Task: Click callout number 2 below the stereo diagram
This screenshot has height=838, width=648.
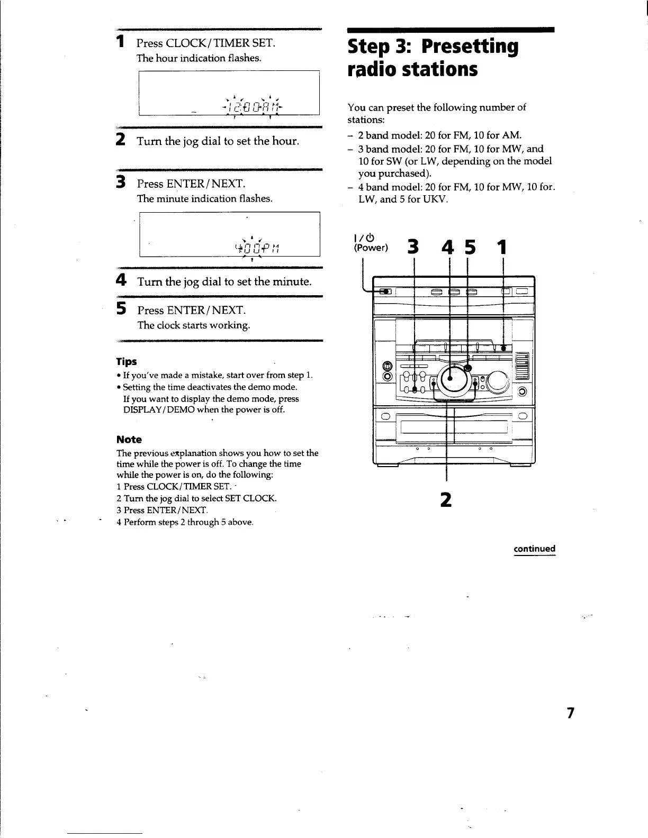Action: (x=446, y=499)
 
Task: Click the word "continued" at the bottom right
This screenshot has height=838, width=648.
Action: (x=534, y=549)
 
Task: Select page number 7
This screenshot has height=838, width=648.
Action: (x=570, y=713)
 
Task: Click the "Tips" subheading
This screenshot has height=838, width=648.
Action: (x=127, y=362)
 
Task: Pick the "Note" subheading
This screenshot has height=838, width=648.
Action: (x=129, y=440)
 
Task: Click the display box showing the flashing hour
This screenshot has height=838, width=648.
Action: (x=229, y=93)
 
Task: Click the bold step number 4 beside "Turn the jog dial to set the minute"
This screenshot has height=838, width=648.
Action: (x=121, y=280)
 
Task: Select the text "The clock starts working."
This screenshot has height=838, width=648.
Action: (x=194, y=325)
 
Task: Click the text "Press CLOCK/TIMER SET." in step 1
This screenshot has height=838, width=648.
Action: (x=206, y=43)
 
